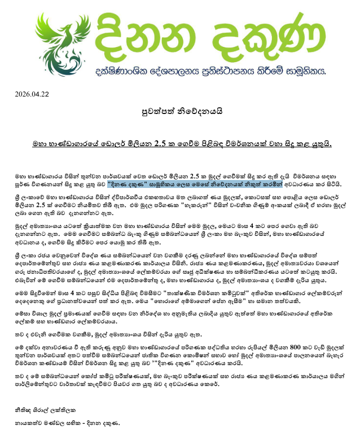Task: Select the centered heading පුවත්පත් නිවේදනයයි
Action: (179, 111)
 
